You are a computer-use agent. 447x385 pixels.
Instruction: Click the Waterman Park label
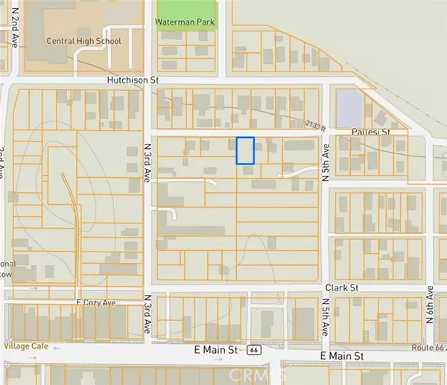pos(184,22)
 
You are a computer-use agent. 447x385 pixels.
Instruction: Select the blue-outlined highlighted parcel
pos(245,150)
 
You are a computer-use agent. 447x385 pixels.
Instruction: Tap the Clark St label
pos(342,287)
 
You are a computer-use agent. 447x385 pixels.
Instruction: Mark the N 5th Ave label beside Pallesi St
pos(325,159)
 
